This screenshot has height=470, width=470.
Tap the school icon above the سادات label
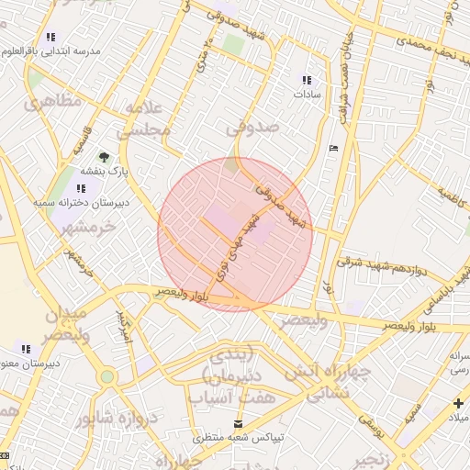tap(306, 80)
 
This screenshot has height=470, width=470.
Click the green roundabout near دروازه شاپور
tap(107, 375)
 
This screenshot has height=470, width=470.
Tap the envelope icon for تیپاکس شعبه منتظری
tap(239, 423)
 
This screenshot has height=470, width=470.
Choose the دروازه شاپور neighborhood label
tap(119, 419)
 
